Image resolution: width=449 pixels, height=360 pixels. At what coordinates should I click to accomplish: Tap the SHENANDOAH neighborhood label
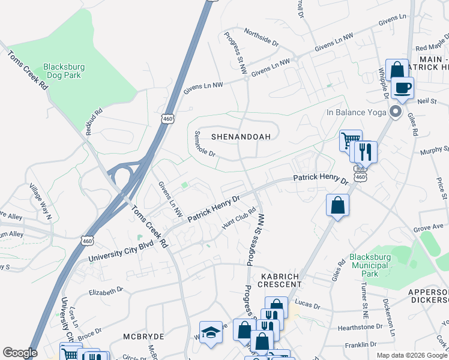(x=237, y=137)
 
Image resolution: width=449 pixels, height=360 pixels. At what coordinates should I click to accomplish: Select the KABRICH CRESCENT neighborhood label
(x=280, y=279)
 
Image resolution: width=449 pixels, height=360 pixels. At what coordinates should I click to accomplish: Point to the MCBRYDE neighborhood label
(x=144, y=337)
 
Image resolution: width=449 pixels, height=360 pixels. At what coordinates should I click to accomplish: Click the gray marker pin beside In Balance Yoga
(x=395, y=112)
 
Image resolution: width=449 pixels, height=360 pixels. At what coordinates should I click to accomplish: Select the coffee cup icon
(x=402, y=88)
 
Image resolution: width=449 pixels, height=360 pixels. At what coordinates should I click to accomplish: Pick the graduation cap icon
(x=211, y=333)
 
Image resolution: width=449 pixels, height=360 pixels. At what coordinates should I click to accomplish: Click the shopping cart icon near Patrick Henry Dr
(x=350, y=140)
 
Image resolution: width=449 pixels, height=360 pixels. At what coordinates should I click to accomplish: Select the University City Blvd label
(x=120, y=253)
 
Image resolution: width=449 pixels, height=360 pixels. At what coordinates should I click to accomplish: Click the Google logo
(x=20, y=353)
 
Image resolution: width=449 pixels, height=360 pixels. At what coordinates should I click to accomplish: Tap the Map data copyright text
(x=411, y=355)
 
